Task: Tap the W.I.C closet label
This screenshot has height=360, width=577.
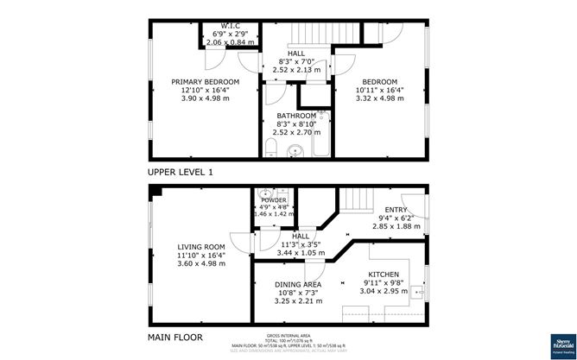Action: [x=230, y=25]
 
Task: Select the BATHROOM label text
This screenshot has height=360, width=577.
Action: [x=296, y=115]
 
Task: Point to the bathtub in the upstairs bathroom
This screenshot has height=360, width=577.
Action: [x=323, y=136]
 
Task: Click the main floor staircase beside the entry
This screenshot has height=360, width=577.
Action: [x=352, y=205]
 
